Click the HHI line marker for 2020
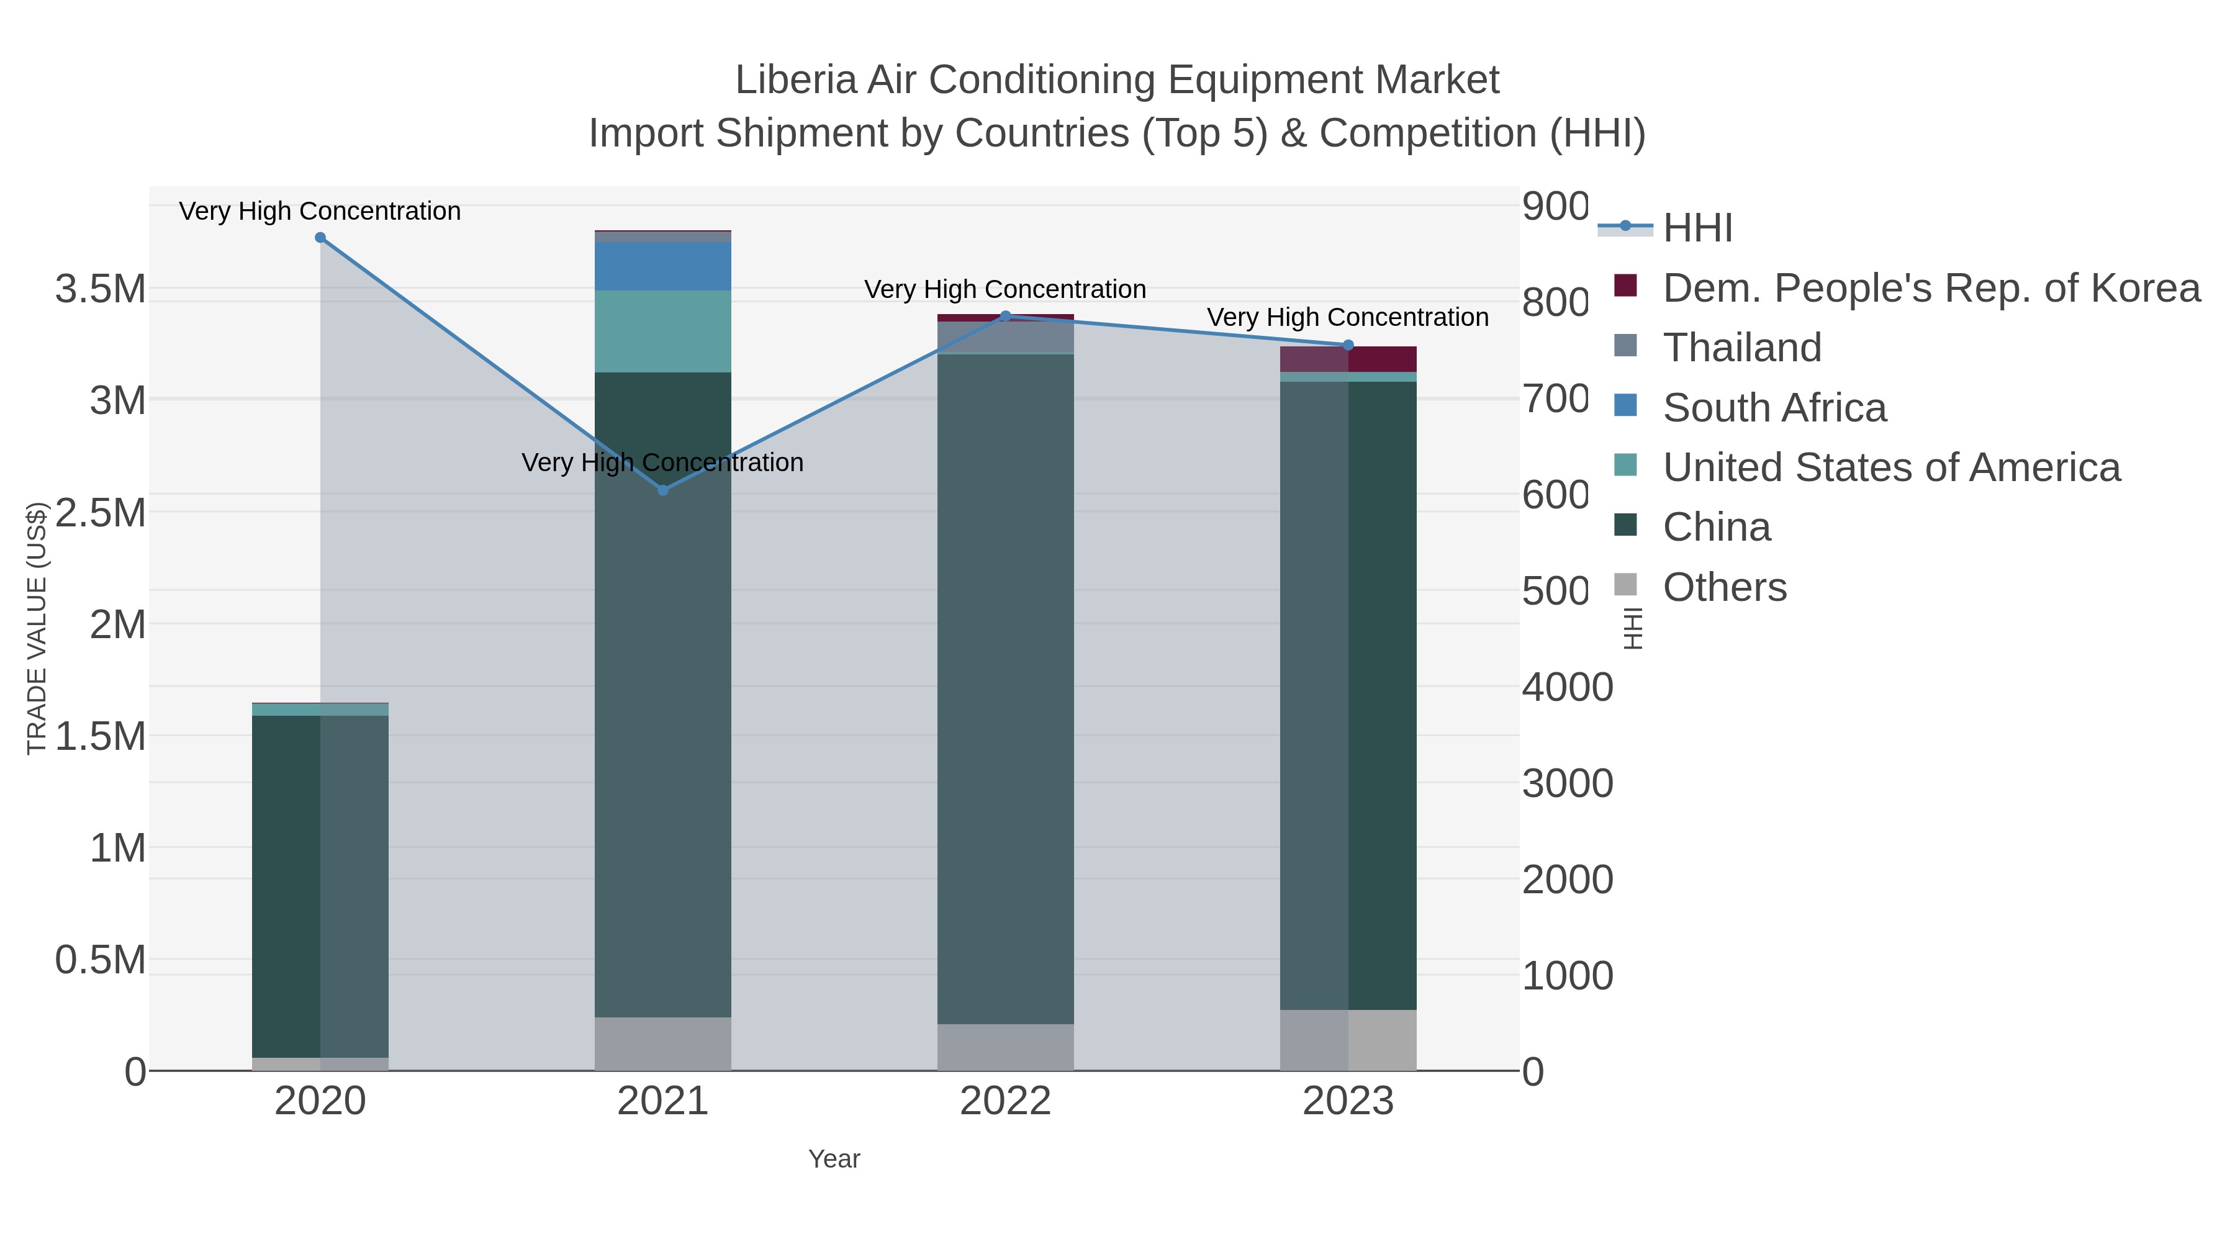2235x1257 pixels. click(320, 238)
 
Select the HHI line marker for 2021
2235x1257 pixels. click(663, 490)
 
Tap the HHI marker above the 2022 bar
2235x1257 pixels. click(1006, 316)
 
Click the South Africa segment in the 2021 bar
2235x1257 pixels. click(663, 266)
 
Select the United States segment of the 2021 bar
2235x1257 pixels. click(663, 331)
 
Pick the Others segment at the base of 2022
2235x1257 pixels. click(1006, 1047)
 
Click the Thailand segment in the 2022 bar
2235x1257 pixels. click(1006, 338)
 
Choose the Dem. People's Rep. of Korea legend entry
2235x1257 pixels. click(1930, 288)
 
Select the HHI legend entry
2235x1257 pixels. click(1697, 228)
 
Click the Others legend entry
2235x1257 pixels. click(1724, 587)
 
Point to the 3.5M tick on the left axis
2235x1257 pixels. click(101, 289)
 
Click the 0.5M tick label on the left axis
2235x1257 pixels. click(101, 960)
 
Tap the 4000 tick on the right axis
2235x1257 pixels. click(1567, 687)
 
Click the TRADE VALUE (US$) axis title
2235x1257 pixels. click(37, 628)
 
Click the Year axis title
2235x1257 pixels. click(834, 1159)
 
